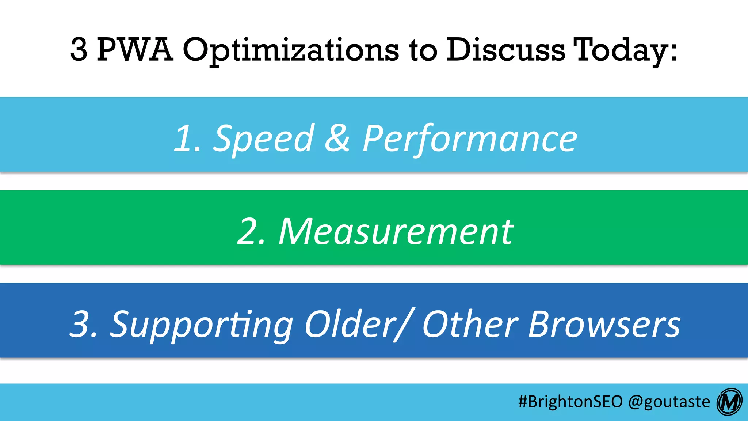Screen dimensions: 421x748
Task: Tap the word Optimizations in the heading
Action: click(x=290, y=50)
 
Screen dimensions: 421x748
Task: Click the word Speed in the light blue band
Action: click(x=263, y=139)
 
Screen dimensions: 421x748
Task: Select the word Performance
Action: click(x=470, y=139)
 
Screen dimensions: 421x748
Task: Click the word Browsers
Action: click(x=604, y=324)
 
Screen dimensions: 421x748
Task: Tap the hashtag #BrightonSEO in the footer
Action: click(x=570, y=402)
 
